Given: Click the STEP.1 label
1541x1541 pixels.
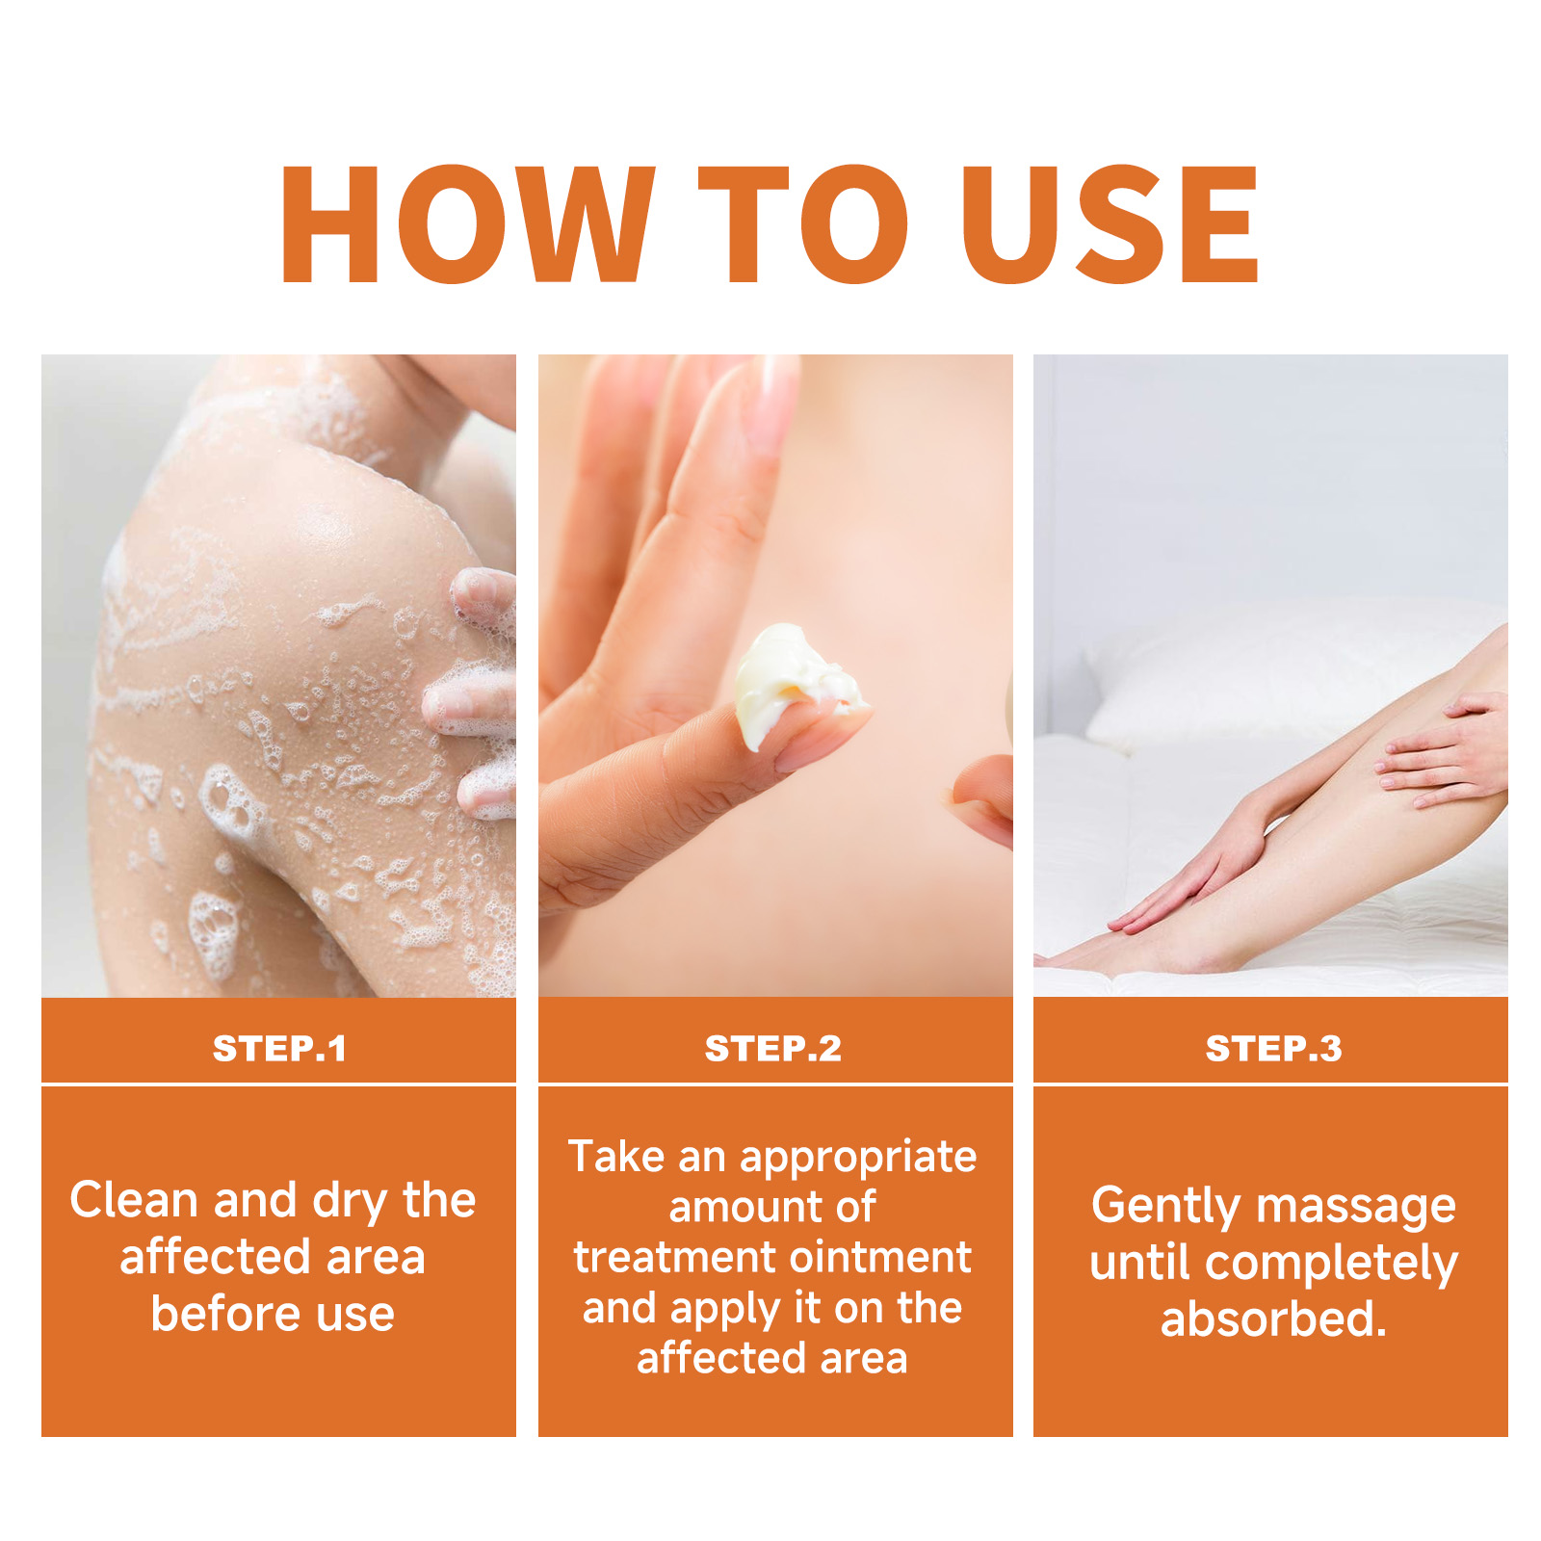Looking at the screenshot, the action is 279,1048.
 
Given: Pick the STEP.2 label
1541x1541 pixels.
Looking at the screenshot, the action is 773,1048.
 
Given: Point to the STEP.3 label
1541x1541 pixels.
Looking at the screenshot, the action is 1273,1048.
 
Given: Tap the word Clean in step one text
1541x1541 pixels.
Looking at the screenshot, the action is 134,1200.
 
